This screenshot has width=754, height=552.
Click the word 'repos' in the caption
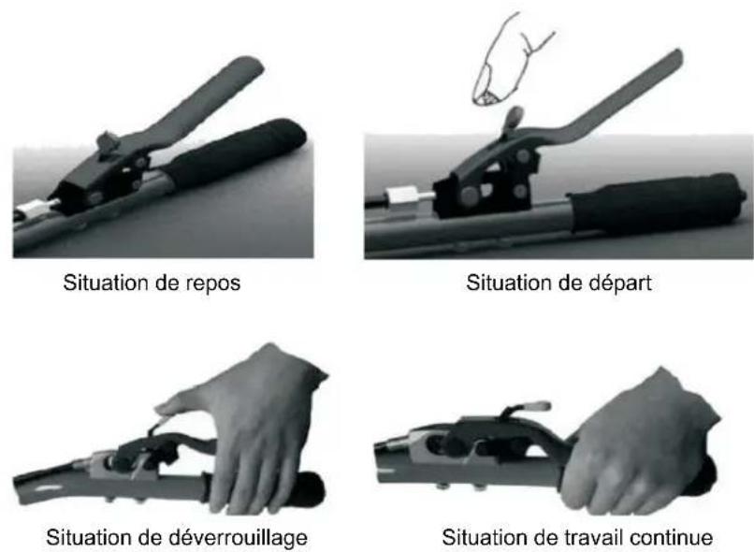213,283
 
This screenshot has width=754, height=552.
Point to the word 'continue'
671,537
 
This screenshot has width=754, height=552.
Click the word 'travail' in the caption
593,537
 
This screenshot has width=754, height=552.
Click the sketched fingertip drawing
511,60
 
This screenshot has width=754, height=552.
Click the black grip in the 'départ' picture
657,204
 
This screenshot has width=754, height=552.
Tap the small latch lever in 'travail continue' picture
527,409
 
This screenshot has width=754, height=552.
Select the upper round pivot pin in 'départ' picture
523,156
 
